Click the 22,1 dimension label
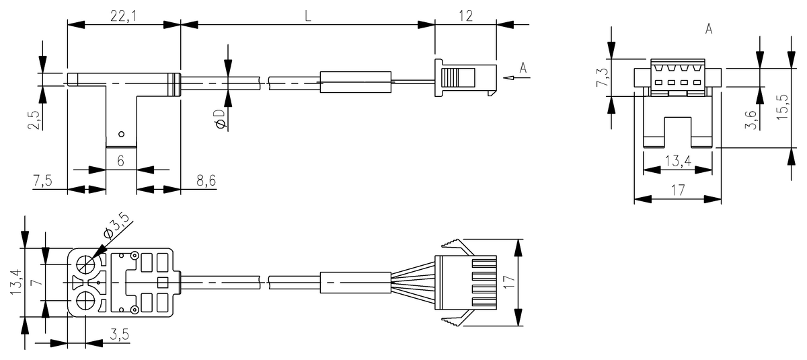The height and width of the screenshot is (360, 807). [x=124, y=16]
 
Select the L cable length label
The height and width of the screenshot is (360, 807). [x=308, y=16]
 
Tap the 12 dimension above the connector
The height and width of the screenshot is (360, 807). [x=466, y=16]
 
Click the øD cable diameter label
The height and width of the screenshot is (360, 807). [x=220, y=119]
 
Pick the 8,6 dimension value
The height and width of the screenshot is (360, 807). [x=206, y=180]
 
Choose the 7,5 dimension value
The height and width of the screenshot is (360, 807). [x=42, y=180]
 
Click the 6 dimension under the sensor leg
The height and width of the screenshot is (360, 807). [x=120, y=161]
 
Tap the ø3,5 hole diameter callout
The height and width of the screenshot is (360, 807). [x=116, y=225]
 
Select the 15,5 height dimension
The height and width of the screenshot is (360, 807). [x=782, y=107]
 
